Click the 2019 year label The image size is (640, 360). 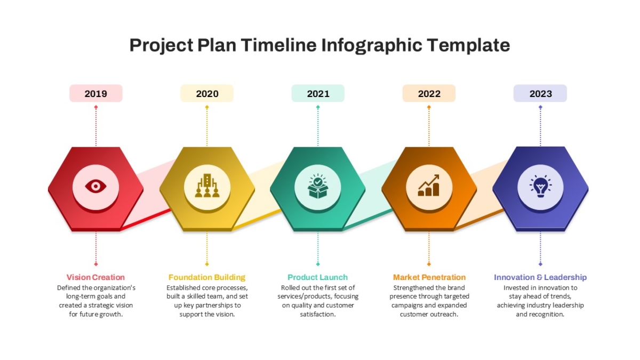[x=95, y=94]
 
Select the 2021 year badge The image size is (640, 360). [x=318, y=93]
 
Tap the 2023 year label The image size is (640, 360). [x=541, y=94]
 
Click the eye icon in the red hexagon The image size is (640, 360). [x=95, y=187]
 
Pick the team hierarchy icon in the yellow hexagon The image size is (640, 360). [x=207, y=186]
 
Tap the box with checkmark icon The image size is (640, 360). [x=318, y=186]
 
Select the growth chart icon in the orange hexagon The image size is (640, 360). [x=429, y=186]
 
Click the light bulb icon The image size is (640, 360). [x=540, y=186]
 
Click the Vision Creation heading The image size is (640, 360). [x=95, y=277]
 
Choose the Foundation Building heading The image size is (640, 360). [x=207, y=277]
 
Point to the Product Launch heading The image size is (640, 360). [x=318, y=277]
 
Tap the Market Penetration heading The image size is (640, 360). [x=429, y=277]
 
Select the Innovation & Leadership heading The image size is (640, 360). [x=540, y=277]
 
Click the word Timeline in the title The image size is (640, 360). [x=278, y=45]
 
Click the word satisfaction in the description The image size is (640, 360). [x=318, y=314]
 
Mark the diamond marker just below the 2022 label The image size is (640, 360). [x=429, y=107]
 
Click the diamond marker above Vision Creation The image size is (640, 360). [x=96, y=264]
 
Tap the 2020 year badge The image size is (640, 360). [x=207, y=93]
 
